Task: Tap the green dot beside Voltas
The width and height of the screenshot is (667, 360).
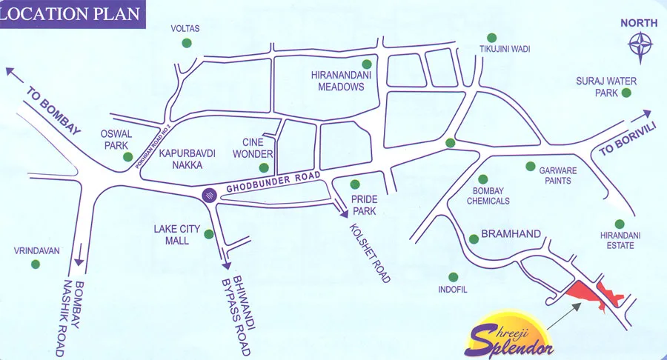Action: coord(186,43)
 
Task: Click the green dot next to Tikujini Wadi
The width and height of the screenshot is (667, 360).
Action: coord(491,37)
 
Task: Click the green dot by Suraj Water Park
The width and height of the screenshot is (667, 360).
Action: coord(626,93)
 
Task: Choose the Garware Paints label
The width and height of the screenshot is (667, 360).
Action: coord(567,175)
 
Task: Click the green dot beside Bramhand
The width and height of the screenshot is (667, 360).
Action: coord(474,239)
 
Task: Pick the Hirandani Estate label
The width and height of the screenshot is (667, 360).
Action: coord(620,240)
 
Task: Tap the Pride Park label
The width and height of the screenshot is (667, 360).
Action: coord(365,205)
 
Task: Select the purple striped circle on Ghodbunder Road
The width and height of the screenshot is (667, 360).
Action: coord(210,196)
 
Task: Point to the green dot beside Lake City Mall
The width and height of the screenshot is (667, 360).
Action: coord(209,235)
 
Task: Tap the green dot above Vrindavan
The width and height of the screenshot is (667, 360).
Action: coord(34,264)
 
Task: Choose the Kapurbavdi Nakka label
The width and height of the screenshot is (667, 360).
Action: coord(186,159)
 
